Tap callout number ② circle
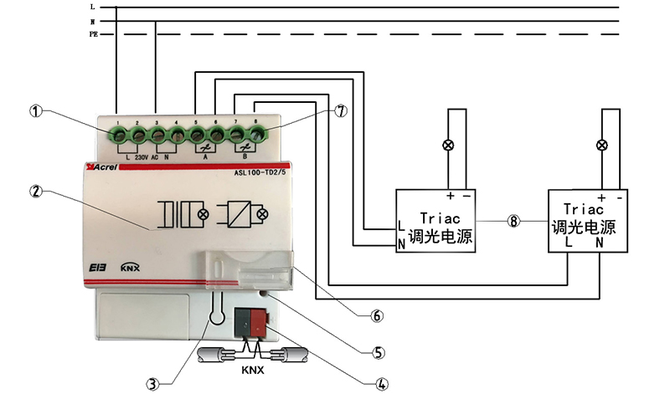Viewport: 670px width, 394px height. click(x=35, y=191)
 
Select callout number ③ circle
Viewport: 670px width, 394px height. click(x=152, y=384)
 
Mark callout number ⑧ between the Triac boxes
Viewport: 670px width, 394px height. click(x=512, y=222)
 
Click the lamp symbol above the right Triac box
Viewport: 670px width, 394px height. click(x=601, y=146)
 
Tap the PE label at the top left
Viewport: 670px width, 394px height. click(x=95, y=34)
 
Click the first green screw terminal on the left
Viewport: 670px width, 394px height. click(x=117, y=133)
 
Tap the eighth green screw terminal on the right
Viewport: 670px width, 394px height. click(x=255, y=132)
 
